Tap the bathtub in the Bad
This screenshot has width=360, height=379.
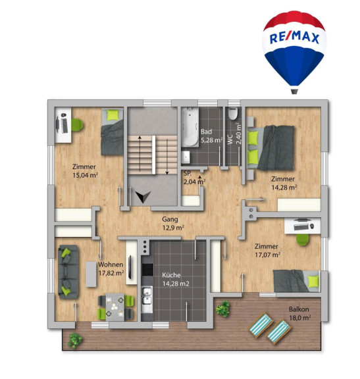tap(190, 127)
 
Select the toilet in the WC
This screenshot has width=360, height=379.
tap(233, 113)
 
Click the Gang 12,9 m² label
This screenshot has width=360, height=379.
tap(173, 223)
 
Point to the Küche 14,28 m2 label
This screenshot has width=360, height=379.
tap(176, 280)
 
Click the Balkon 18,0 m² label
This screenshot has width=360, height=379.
tap(300, 313)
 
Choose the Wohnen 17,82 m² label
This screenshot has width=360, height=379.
tap(111, 268)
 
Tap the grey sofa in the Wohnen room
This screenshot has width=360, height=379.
tap(68, 272)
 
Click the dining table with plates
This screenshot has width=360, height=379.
tap(115, 307)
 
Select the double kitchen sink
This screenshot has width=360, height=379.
tap(147, 297)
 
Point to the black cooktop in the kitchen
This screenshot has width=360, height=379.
tap(147, 270)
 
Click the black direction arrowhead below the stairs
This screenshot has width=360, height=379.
tap(143, 197)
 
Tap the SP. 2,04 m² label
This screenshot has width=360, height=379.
tap(194, 178)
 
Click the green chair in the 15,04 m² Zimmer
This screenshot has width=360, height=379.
tap(77, 124)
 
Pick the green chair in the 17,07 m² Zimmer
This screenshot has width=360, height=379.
tap(303, 240)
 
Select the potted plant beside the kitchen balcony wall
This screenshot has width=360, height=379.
tap(223, 309)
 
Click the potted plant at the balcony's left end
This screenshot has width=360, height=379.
tap(74, 340)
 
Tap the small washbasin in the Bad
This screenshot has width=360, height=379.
tap(186, 157)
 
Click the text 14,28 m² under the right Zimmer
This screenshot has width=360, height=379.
tap(284, 188)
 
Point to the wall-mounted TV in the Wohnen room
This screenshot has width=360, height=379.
tap(130, 266)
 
